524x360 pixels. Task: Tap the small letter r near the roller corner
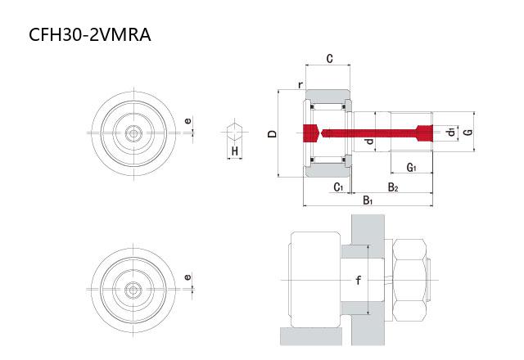pos(300,85)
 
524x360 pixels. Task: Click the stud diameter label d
pos(369,142)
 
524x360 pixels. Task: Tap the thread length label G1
pos(412,169)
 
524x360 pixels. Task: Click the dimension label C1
pos(338,187)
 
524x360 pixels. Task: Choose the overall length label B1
pos(368,200)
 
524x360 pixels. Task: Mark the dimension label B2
pos(393,187)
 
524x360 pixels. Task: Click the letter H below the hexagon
pos(234,151)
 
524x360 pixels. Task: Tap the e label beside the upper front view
pos(188,122)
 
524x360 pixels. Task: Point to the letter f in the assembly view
pos(358,280)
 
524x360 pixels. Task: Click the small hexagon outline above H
pos(234,130)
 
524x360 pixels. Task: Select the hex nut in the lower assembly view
pos(413,281)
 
